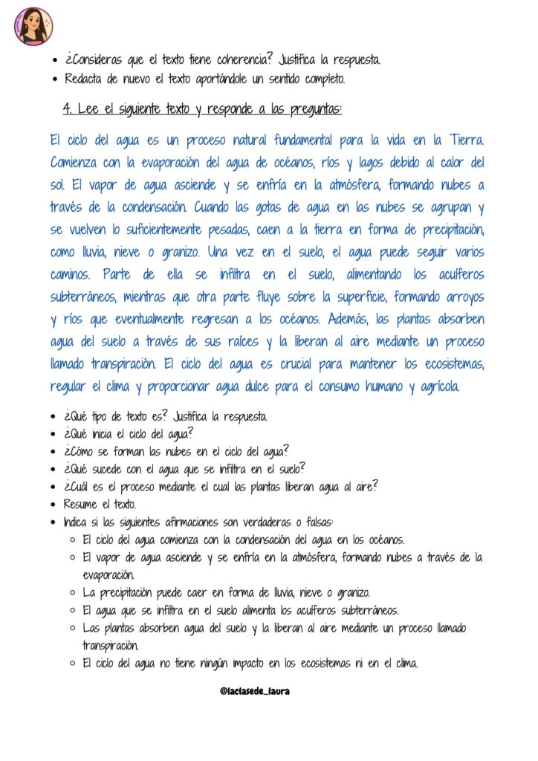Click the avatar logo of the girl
[33, 26]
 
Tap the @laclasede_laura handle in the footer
[254, 691]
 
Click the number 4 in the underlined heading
[67, 109]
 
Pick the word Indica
[76, 522]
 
